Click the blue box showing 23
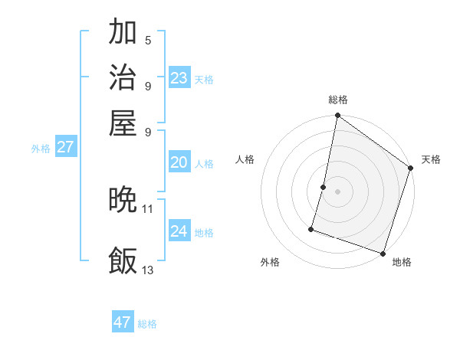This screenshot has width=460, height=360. (x=179, y=78)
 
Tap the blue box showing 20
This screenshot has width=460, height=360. (x=179, y=162)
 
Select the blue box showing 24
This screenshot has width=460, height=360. (x=179, y=231)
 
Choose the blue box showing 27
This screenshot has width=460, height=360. (x=66, y=147)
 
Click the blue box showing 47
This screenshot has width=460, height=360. (x=123, y=322)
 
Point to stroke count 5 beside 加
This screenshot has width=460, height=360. (x=148, y=40)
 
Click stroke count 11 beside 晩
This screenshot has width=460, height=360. (x=148, y=208)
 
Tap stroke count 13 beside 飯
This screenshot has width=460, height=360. (x=148, y=270)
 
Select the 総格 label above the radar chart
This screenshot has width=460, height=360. (x=337, y=100)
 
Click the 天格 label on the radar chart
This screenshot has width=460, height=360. (x=431, y=159)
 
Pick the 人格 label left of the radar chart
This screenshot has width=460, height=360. (x=245, y=159)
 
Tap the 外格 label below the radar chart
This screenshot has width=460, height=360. (x=270, y=262)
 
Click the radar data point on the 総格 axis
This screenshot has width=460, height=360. (x=337, y=116)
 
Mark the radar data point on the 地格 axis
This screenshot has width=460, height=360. (x=382, y=253)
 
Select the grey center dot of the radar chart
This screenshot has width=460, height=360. (x=337, y=191)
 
